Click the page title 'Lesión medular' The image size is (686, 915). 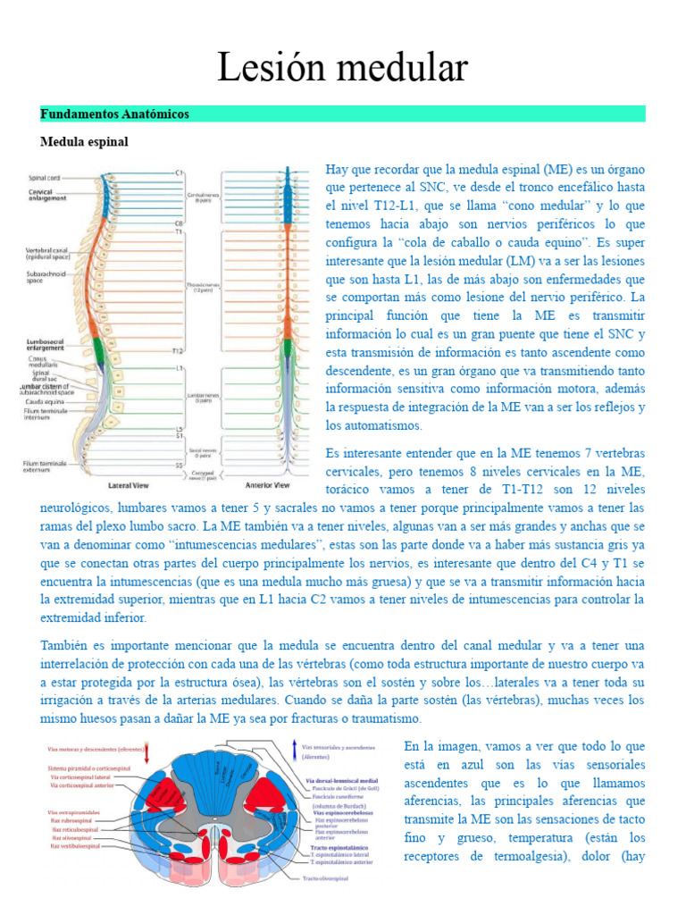[x=343, y=67]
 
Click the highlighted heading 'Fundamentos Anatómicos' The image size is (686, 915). [x=114, y=114]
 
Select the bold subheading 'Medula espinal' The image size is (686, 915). [x=84, y=141]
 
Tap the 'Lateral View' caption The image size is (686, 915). [x=128, y=485]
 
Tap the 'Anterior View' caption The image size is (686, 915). [x=269, y=485]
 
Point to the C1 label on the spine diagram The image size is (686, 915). [x=180, y=172]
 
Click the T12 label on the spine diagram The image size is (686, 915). [x=179, y=350]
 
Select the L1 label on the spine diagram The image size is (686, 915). [x=180, y=367]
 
